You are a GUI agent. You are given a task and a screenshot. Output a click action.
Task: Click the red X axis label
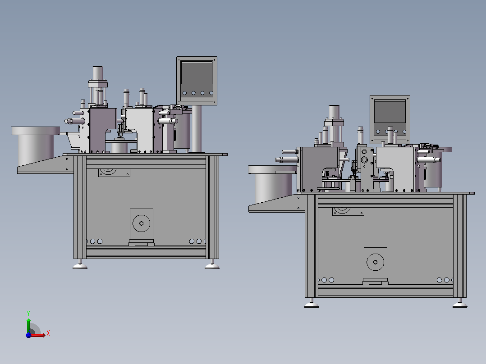click(x=48, y=333)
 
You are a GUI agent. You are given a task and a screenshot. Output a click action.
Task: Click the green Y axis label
click(x=28, y=313)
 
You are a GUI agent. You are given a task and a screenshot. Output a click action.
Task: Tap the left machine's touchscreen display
click(x=197, y=73)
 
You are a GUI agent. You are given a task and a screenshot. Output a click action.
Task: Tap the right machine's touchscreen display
click(x=390, y=112)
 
